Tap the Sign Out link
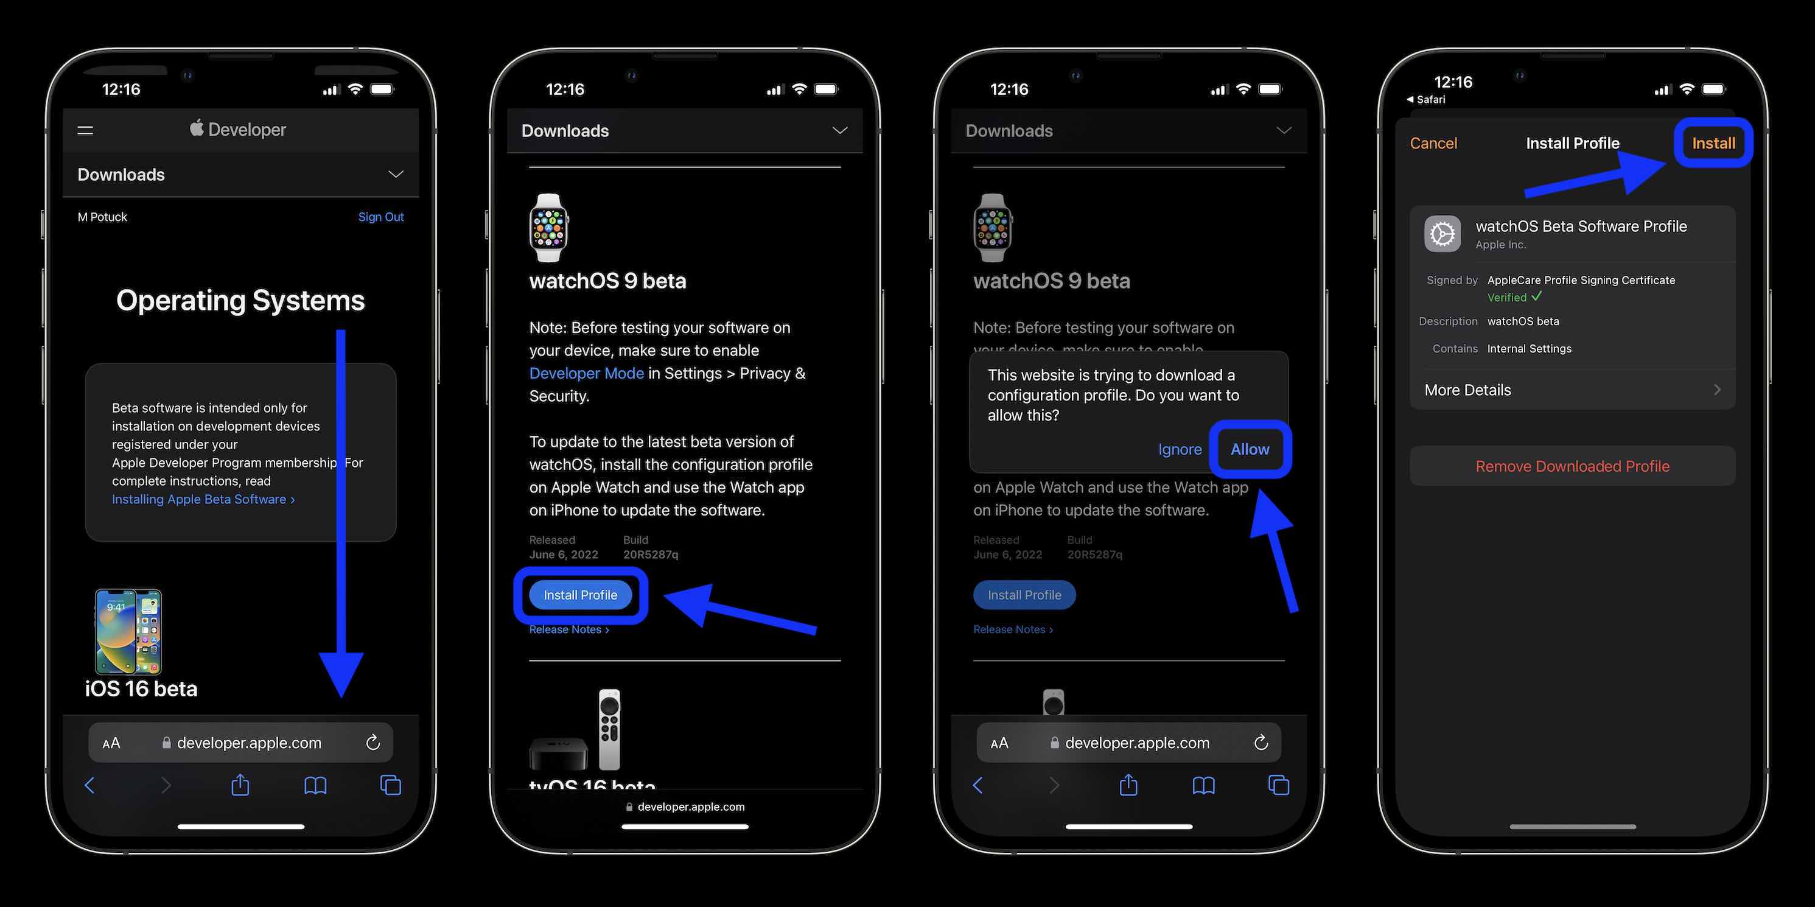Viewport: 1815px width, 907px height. click(380, 217)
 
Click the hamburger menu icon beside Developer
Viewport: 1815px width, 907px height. click(85, 130)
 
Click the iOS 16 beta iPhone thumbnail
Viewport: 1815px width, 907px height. click(128, 631)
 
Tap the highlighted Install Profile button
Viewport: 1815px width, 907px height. click(580, 595)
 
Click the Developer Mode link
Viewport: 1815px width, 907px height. click(586, 374)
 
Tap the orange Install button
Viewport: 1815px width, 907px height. click(1713, 144)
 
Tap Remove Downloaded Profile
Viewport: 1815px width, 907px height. click(1572, 466)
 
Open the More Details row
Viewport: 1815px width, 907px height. click(1572, 390)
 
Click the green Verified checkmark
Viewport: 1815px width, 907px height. click(1537, 296)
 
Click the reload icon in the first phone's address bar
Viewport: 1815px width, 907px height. click(372, 743)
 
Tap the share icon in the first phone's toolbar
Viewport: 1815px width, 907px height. click(240, 785)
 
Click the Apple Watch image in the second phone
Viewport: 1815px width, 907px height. click(549, 228)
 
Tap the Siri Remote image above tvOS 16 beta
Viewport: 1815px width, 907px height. click(609, 729)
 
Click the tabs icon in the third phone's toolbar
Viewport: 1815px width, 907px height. click(1278, 785)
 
